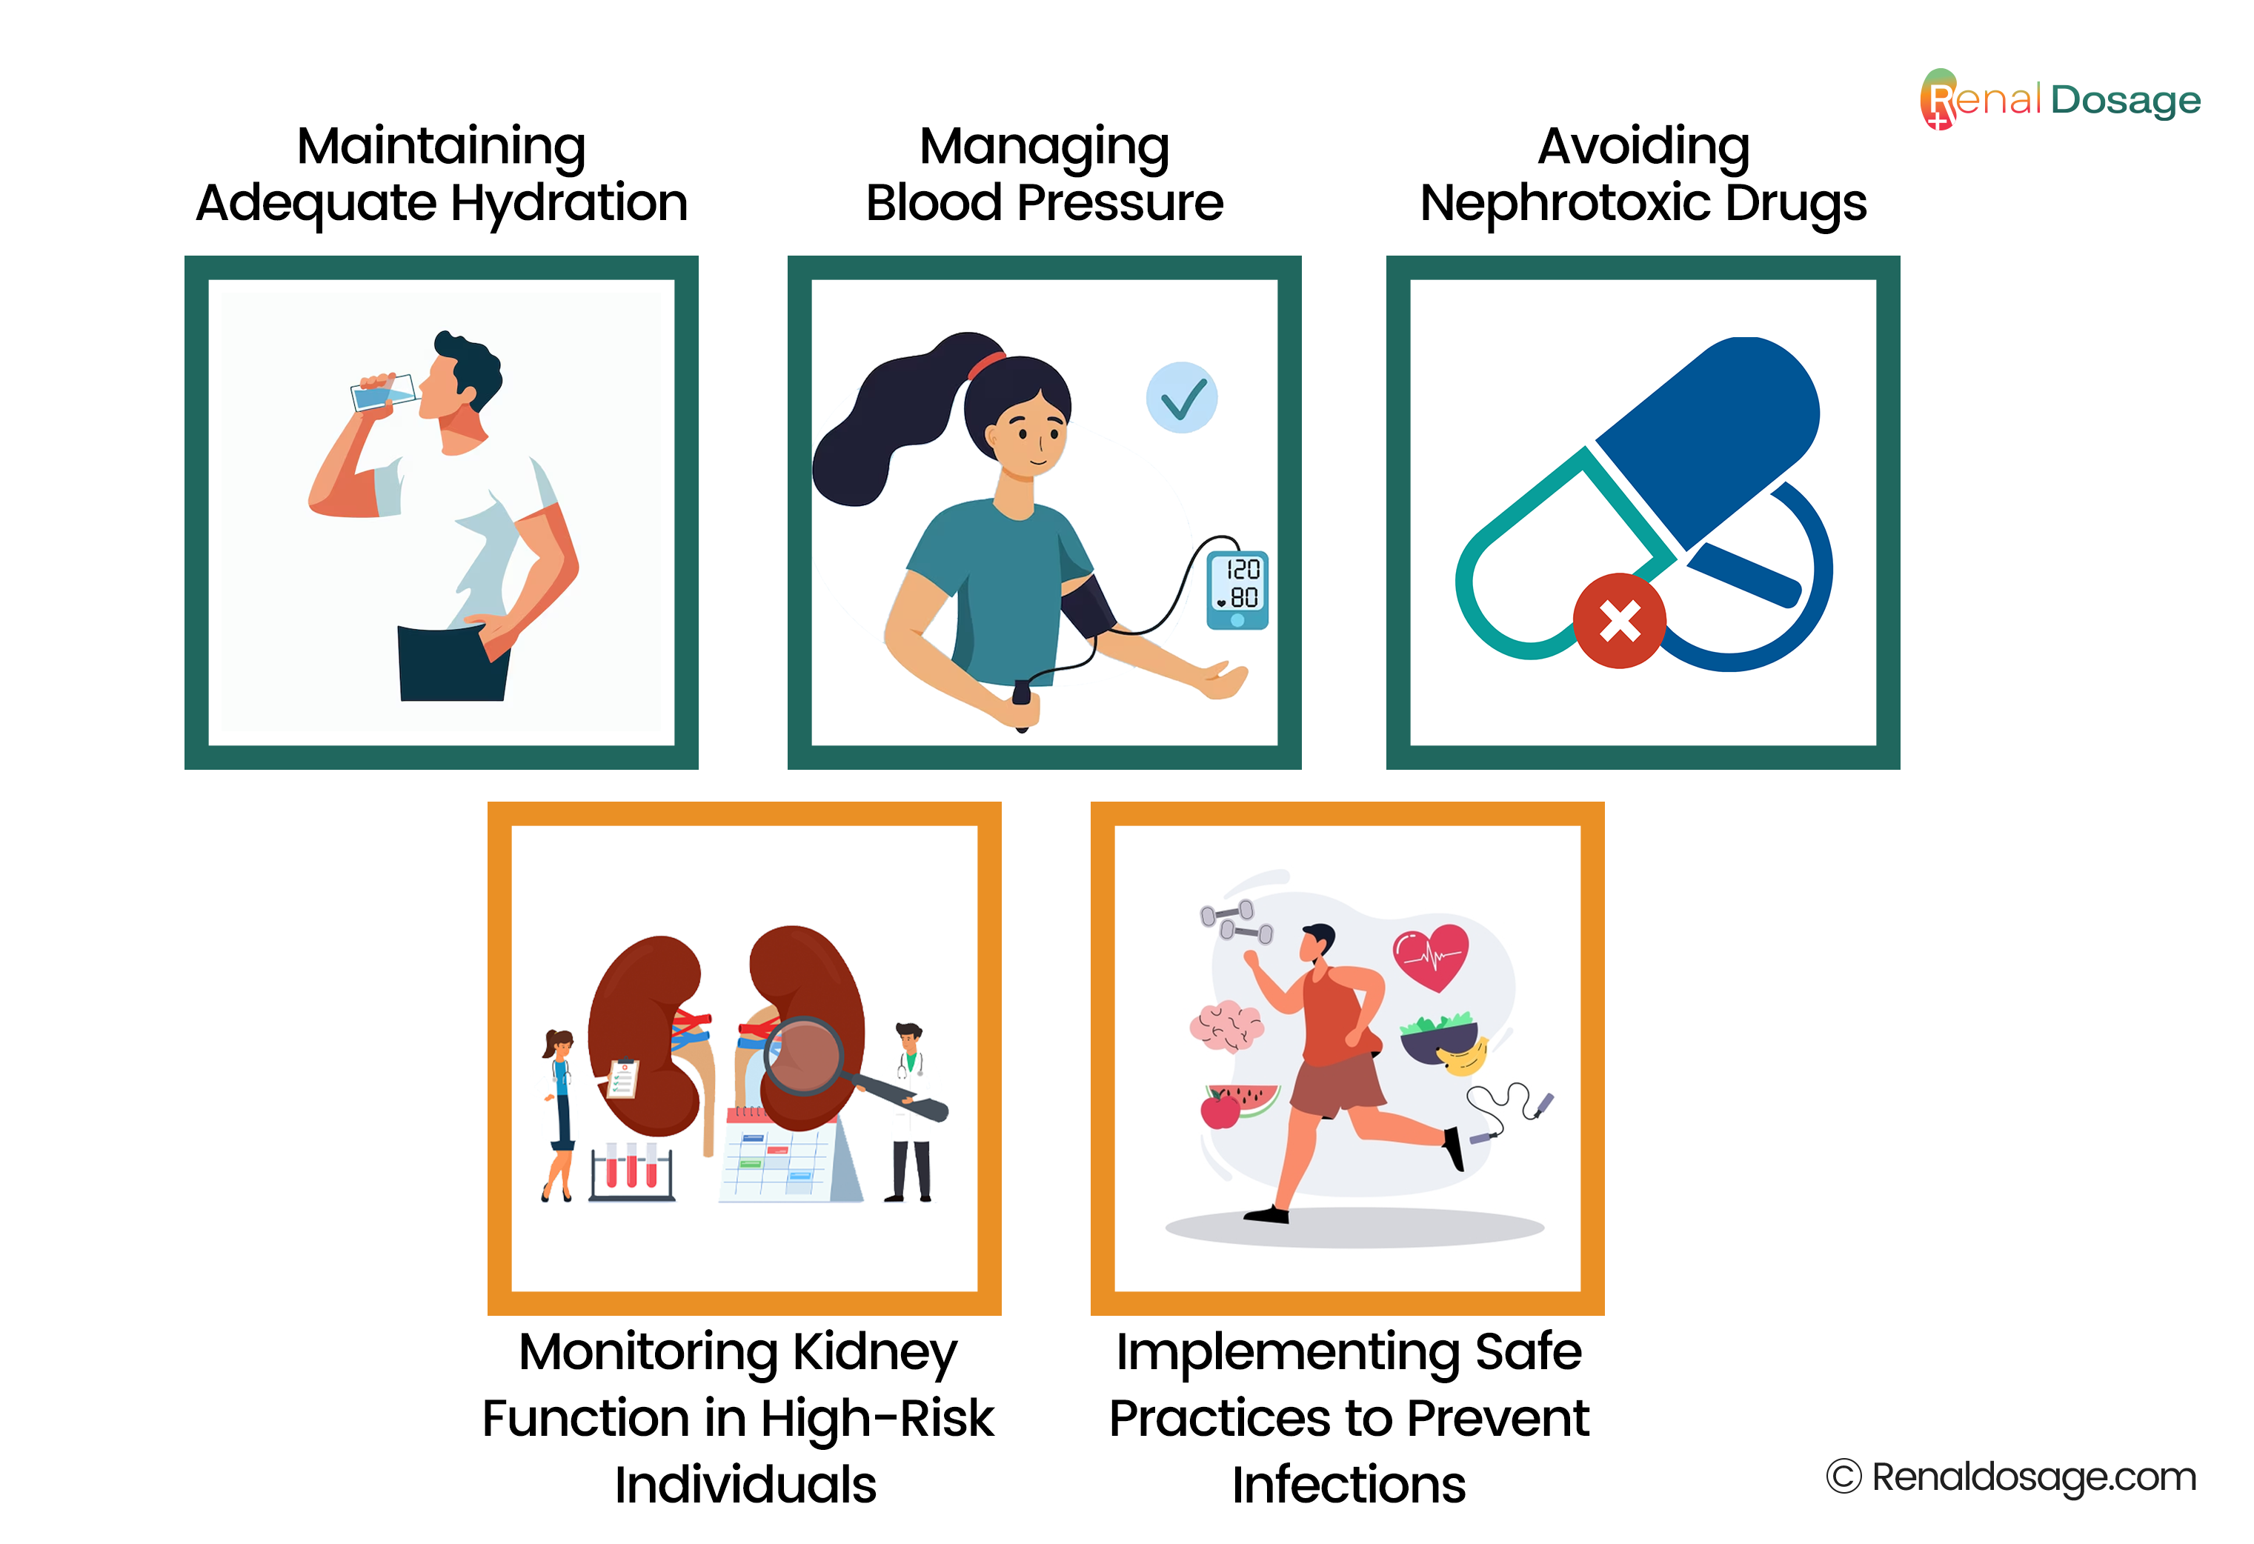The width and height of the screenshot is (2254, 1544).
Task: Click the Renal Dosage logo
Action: point(2059,99)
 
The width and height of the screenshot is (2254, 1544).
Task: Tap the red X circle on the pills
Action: point(1619,621)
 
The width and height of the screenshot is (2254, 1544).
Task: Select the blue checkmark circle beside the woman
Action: point(1181,398)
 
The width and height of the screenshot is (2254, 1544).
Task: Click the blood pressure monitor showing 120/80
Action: point(1237,590)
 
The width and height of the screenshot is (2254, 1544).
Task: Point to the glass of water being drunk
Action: point(384,392)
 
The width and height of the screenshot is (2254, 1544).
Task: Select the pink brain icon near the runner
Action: point(1227,1026)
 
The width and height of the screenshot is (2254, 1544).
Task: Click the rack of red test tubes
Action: point(631,1171)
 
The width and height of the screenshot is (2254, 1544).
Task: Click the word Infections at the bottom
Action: point(1348,1485)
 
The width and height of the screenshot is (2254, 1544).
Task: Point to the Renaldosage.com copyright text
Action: point(2012,1477)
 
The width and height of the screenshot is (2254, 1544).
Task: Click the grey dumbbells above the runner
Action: point(1237,922)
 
